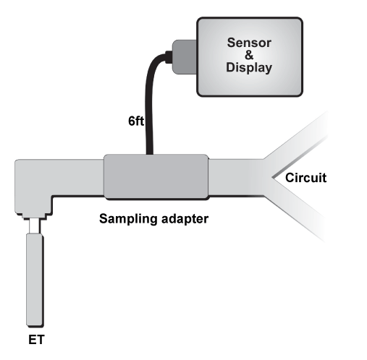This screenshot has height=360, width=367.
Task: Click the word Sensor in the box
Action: (249, 43)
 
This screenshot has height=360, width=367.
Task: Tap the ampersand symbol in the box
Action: (249, 55)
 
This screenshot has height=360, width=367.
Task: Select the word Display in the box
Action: (249, 67)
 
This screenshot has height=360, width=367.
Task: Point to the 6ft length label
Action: (136, 121)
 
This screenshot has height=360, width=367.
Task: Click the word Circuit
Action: (305, 178)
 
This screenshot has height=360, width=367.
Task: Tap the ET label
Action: (36, 340)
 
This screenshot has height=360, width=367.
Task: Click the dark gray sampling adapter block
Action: (156, 176)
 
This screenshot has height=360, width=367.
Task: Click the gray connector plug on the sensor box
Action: (185, 57)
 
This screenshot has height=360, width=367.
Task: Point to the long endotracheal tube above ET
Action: (35, 280)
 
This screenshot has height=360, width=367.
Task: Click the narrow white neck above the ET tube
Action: (35, 226)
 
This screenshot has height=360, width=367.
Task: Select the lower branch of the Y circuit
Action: (299, 212)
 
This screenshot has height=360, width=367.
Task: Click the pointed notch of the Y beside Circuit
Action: (273, 178)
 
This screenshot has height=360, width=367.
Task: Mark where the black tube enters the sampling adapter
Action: (150, 155)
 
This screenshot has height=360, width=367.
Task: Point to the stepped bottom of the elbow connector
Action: (34, 216)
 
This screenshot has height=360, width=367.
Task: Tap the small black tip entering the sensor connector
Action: (169, 57)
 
